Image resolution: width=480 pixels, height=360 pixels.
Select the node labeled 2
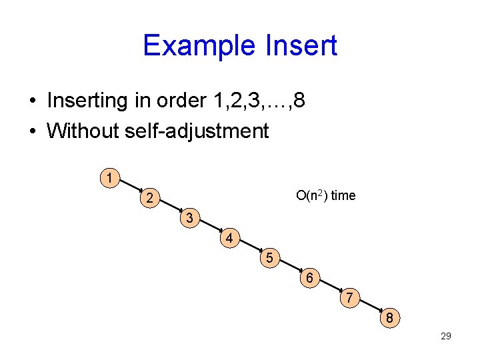click(x=151, y=198)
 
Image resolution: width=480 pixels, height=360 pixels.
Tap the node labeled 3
click(x=190, y=218)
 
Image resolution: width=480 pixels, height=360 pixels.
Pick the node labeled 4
click(x=229, y=238)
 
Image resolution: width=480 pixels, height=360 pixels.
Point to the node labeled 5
click(x=269, y=257)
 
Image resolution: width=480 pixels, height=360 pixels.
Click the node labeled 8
click(x=390, y=317)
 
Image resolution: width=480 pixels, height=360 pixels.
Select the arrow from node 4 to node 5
click(x=249, y=247)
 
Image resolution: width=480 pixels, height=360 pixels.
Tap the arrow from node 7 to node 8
click(x=370, y=307)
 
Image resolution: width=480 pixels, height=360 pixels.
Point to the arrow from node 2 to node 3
click(x=170, y=207)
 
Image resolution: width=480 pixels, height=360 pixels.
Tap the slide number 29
click(x=446, y=336)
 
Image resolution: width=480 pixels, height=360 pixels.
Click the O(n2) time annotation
click(x=326, y=195)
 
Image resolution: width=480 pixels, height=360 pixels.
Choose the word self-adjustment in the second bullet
click(x=197, y=130)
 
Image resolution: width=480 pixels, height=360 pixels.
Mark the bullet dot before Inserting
click(x=32, y=101)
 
